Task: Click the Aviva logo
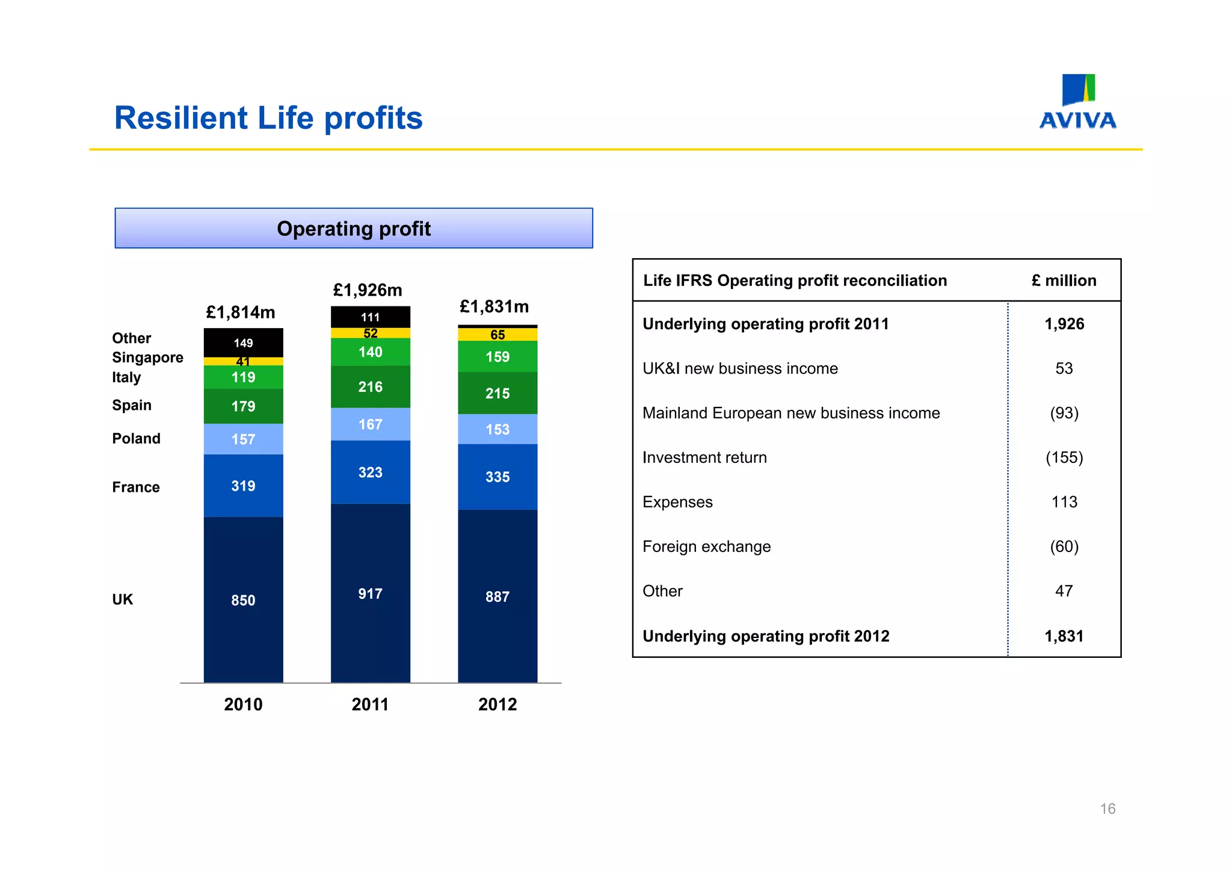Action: (x=1077, y=102)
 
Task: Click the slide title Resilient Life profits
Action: (x=268, y=118)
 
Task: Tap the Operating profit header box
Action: (x=354, y=229)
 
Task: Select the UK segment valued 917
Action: (x=370, y=594)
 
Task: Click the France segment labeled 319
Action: (x=243, y=486)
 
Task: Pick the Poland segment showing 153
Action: (x=497, y=429)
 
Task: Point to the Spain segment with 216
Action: (x=370, y=386)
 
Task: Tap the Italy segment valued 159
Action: (x=497, y=356)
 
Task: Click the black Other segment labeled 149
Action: (x=243, y=343)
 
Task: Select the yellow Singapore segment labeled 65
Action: (x=497, y=335)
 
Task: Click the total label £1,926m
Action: (x=368, y=290)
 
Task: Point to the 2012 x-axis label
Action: (x=497, y=704)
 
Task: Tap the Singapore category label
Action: (x=147, y=358)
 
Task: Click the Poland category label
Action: (x=136, y=438)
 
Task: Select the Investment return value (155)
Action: (x=1064, y=457)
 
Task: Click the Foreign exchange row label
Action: (x=706, y=547)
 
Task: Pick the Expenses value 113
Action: (x=1064, y=502)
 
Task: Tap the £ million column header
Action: (x=1064, y=281)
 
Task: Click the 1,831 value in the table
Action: (x=1064, y=636)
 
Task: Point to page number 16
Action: (x=1107, y=809)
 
